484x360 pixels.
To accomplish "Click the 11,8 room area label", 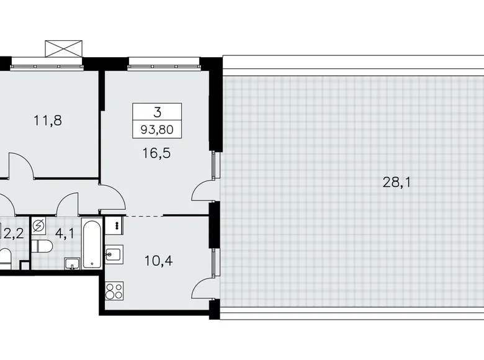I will [47, 120].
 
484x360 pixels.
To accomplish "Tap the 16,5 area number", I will [156, 153].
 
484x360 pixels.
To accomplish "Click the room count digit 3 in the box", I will [157, 112].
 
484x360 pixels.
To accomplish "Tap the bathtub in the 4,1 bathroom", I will [91, 243].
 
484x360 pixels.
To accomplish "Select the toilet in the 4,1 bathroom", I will [42, 247].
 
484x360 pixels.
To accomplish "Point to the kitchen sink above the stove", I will [114, 253].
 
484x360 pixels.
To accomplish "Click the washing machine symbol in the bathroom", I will [38, 225].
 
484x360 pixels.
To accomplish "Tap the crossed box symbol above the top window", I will [64, 49].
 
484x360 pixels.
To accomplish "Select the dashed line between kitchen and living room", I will [144, 215].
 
